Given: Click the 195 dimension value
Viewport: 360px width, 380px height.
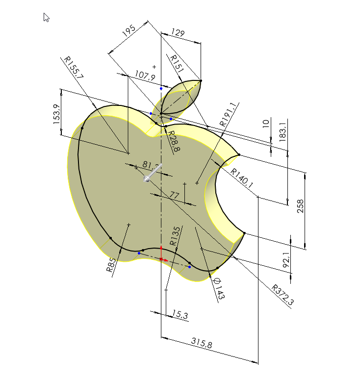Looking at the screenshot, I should pos(128,32).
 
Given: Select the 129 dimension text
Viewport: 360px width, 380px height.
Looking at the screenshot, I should pos(178,33).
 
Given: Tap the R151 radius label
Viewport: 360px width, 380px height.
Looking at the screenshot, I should pos(177,64).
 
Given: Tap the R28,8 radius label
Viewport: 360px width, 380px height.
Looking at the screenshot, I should pos(173,140).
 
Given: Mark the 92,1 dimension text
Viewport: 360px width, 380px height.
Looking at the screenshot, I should pos(286,258).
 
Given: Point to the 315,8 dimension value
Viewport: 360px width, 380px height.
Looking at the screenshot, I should pos(201,345).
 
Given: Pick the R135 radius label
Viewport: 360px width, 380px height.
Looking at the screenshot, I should pos(175,236).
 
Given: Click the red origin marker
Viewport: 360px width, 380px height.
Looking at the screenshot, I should pos(161,258).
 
